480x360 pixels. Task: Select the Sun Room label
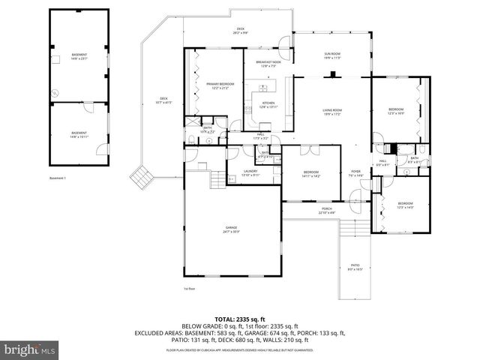(331, 55)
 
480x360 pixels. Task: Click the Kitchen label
(268, 105)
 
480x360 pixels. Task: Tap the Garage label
(230, 229)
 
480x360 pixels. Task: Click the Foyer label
(355, 173)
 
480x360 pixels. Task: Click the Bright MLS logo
(30, 349)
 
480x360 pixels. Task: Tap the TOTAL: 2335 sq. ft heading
(239, 319)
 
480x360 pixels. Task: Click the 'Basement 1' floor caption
(58, 178)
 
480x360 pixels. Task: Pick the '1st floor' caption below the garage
(189, 288)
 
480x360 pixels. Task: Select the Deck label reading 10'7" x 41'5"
(163, 100)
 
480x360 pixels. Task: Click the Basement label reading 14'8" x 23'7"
(79, 56)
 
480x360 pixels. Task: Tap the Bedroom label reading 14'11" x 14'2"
(311, 174)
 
